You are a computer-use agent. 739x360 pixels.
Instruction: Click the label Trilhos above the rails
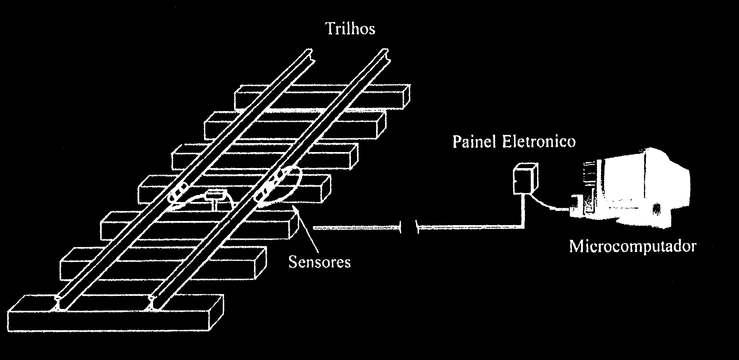(351, 29)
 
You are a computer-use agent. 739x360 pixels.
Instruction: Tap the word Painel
(474, 142)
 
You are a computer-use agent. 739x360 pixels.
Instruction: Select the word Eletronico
(539, 142)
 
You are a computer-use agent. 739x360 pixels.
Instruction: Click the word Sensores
(320, 262)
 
